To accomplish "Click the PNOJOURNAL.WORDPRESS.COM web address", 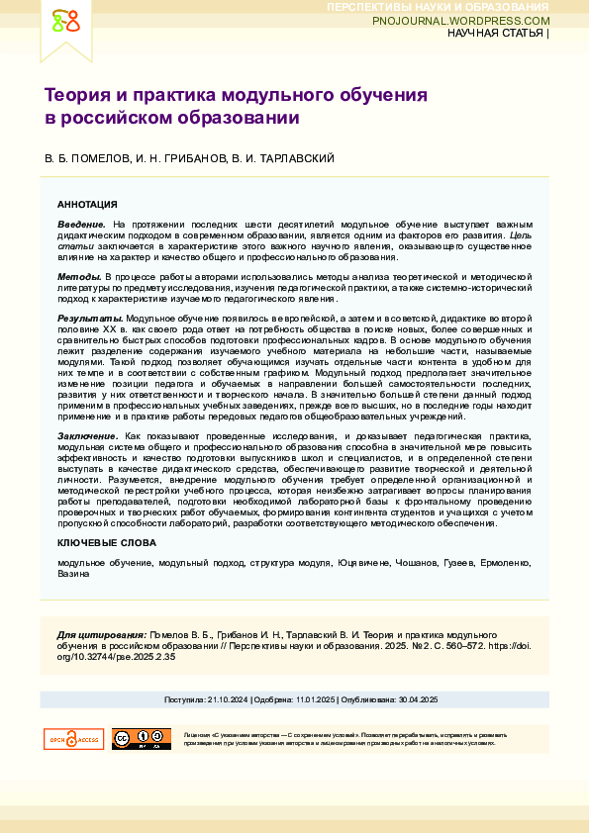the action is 461,21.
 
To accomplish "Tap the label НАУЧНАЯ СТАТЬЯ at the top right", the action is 496,34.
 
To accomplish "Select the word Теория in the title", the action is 76,96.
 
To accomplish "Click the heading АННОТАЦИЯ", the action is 87,204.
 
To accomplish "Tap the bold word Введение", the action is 82,225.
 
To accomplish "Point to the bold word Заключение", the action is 88,436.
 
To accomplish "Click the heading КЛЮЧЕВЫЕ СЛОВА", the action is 106,544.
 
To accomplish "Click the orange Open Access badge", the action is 73,739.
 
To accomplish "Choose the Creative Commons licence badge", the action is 141,739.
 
